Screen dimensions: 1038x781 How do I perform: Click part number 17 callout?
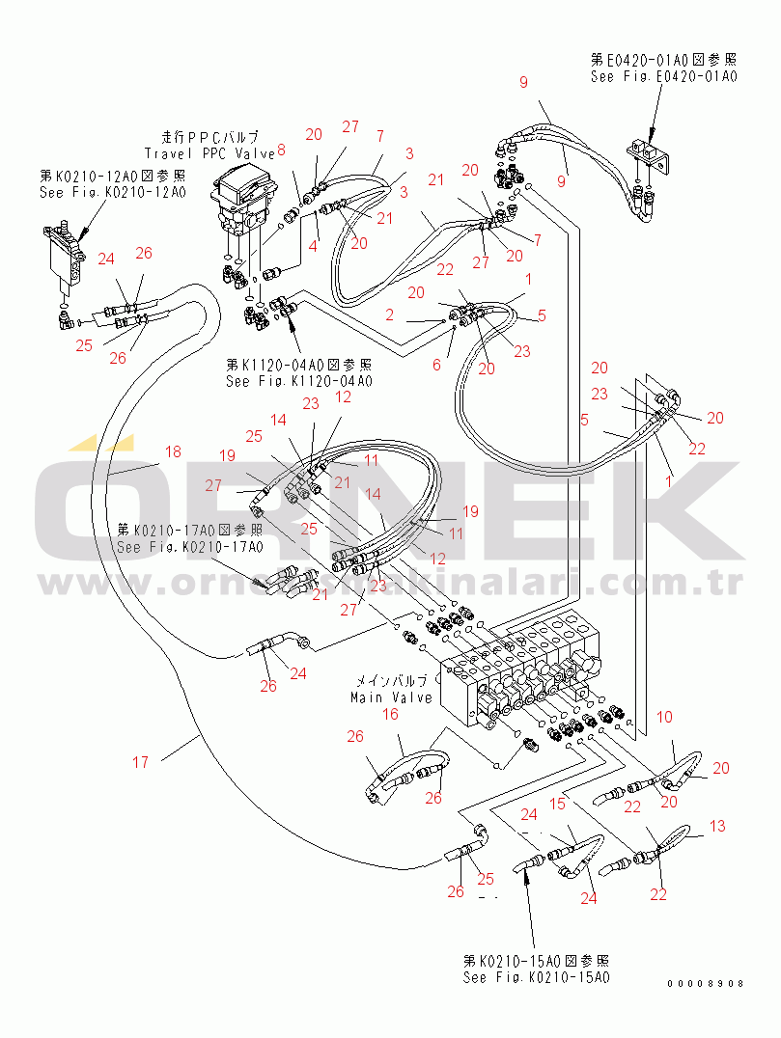pyautogui.click(x=141, y=762)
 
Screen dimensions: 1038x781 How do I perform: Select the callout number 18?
pyautogui.click(x=172, y=451)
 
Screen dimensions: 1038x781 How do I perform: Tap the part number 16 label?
pyautogui.click(x=391, y=714)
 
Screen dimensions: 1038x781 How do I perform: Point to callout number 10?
pyautogui.click(x=664, y=718)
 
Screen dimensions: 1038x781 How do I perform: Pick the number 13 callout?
pyautogui.click(x=716, y=826)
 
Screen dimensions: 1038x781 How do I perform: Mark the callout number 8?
pyautogui.click(x=281, y=150)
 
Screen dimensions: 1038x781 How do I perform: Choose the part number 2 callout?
pyautogui.click(x=388, y=315)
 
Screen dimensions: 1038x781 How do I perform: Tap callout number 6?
pyautogui.click(x=436, y=364)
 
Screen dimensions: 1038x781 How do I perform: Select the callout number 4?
pyautogui.click(x=313, y=246)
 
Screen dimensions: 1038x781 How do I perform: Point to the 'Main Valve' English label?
pyautogui.click(x=392, y=697)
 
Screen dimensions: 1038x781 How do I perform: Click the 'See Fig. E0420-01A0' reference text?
pyautogui.click(x=664, y=76)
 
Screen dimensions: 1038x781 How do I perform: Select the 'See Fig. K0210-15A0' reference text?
pyautogui.click(x=537, y=977)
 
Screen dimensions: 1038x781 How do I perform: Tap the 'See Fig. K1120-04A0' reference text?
pyautogui.click(x=298, y=381)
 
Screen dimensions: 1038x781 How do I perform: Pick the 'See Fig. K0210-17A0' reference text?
pyautogui.click(x=189, y=547)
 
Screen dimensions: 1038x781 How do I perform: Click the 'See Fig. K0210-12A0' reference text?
pyautogui.click(x=112, y=191)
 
